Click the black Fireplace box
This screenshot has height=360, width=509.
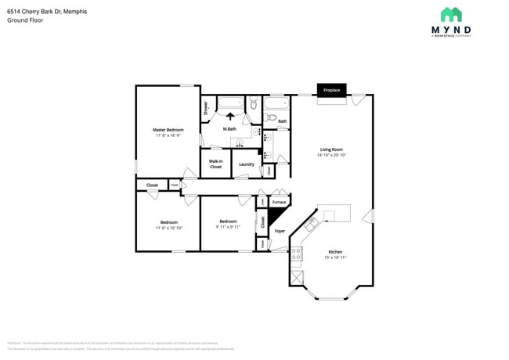tap(332, 90)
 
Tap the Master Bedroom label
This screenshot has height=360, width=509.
tap(168, 129)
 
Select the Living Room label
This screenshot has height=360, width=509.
tap(331, 149)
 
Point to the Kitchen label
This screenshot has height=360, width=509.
tap(334, 252)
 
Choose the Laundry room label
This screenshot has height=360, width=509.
tap(246, 164)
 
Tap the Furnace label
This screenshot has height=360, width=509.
tap(279, 202)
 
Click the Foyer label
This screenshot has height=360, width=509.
tap(280, 231)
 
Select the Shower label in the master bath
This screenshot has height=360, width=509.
tap(205, 108)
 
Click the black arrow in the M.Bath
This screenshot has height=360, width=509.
tap(230, 116)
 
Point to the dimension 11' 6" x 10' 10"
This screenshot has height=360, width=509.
tap(168, 228)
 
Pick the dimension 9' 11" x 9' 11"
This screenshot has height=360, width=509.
tap(228, 228)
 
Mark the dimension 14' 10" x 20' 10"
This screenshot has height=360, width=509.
tap(331, 155)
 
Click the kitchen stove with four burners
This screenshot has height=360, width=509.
tap(297, 254)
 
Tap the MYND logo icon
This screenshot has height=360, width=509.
tap(450, 15)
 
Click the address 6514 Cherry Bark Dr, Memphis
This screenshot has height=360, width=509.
tap(47, 12)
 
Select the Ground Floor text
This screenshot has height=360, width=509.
tap(24, 20)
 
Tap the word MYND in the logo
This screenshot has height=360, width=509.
tap(450, 30)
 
